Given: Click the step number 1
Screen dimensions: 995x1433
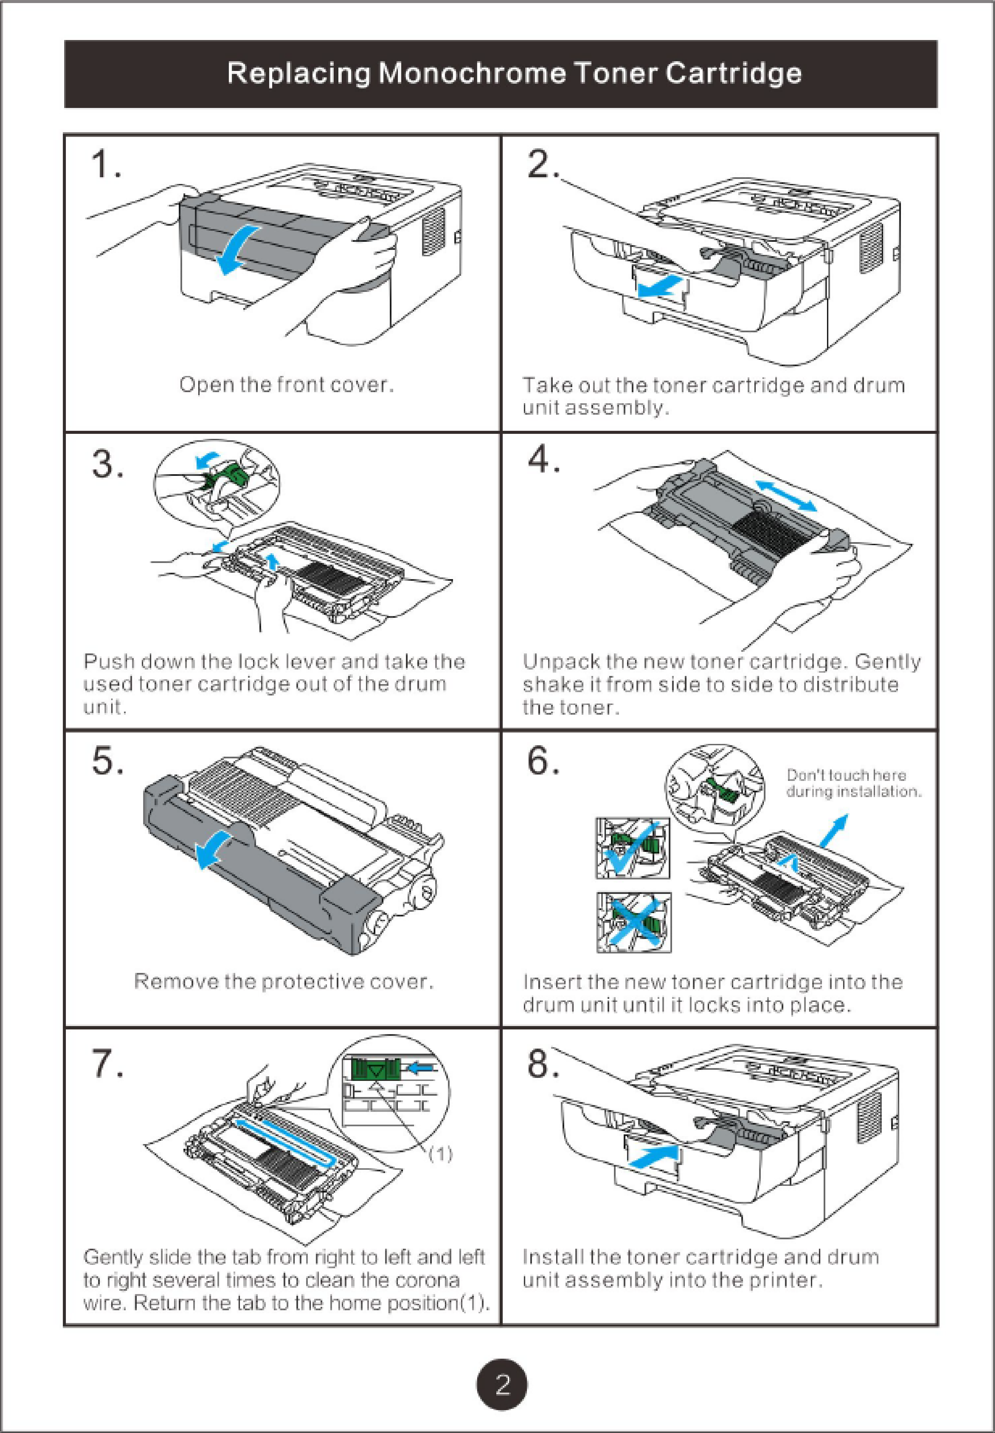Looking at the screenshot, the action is [106, 165].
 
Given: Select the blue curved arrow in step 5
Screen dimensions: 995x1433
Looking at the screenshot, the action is [215, 849].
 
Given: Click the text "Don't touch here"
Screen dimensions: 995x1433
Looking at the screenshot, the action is [846, 775].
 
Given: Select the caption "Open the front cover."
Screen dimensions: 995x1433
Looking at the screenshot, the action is [287, 384].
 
